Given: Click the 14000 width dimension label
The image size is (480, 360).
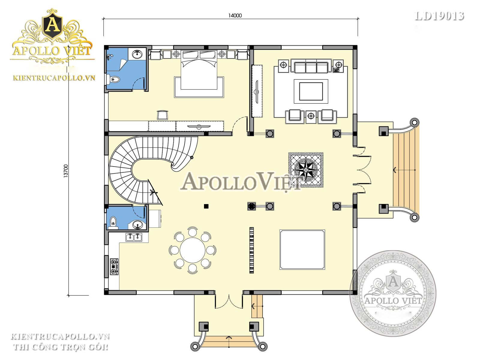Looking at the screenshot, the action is [x=235, y=16].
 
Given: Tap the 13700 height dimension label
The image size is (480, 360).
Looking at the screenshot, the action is [x=66, y=171].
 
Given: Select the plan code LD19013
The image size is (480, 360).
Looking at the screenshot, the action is [x=439, y=16].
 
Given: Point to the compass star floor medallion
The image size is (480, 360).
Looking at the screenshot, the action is [x=306, y=170].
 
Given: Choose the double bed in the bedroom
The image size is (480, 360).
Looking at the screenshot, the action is [x=199, y=70].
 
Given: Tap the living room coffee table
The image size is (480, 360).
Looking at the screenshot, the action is [x=311, y=91].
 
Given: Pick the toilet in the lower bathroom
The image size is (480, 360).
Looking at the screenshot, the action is [x=113, y=222].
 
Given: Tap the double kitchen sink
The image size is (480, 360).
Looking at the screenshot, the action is [x=134, y=237].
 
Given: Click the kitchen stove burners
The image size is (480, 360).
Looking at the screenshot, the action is [x=114, y=267].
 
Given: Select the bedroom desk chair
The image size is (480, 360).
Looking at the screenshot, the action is [x=163, y=115].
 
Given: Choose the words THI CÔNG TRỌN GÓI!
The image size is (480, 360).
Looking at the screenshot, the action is [x=61, y=347].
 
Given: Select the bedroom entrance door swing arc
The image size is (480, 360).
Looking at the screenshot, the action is [x=238, y=122].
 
